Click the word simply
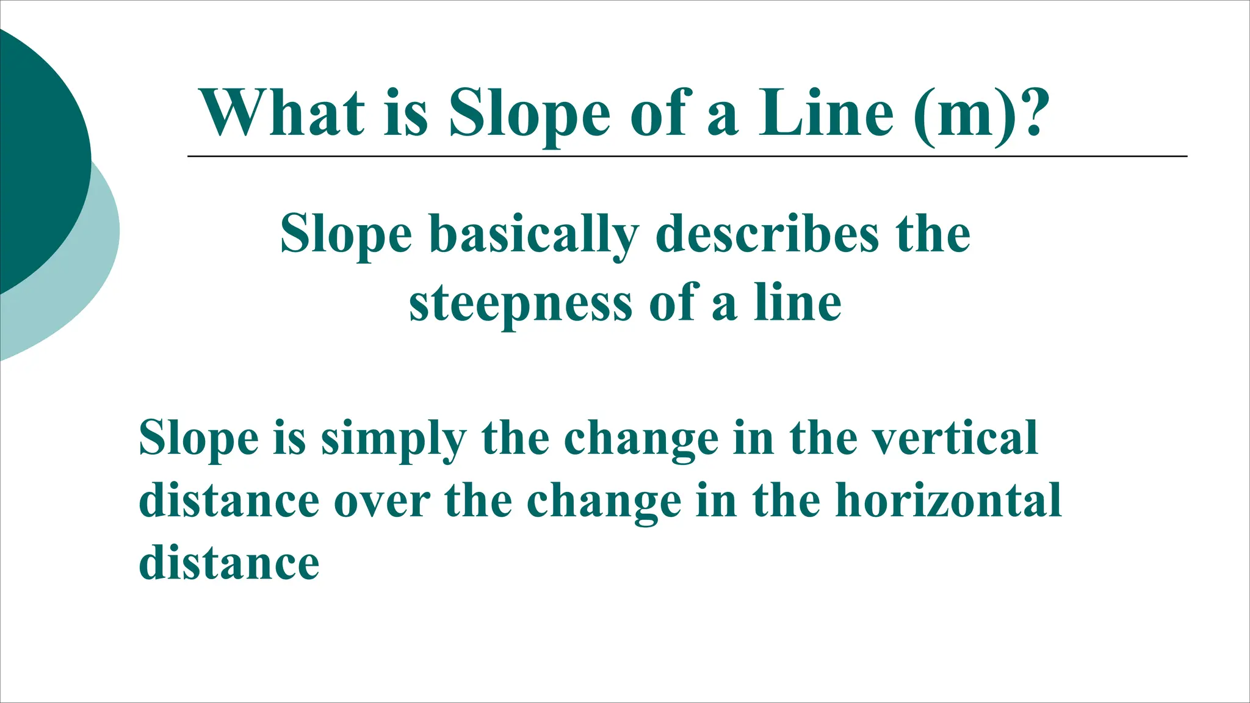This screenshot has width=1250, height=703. [x=394, y=439]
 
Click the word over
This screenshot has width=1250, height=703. [x=382, y=502]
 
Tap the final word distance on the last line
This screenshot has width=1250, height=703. [x=229, y=562]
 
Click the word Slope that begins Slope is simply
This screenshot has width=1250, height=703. [x=199, y=439]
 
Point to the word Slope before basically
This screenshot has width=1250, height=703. [x=346, y=236]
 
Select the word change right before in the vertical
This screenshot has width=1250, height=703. [x=641, y=439]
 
